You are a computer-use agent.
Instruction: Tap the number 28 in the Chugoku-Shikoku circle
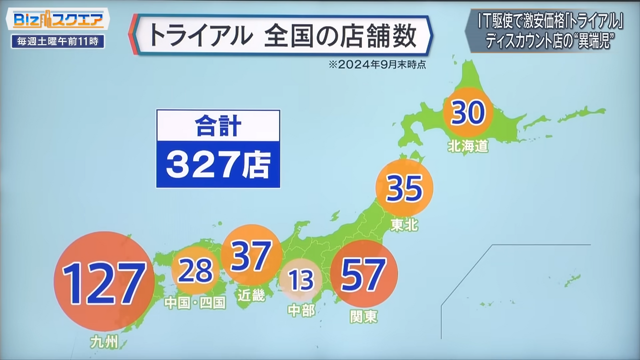coord(195,270)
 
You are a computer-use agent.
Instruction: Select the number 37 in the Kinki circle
coord(251,255)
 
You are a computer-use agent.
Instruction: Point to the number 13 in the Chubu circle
coord(300,280)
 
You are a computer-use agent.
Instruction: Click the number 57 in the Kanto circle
coord(363,274)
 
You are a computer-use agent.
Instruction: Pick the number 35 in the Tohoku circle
coord(404,188)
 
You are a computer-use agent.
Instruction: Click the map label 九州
coord(104,342)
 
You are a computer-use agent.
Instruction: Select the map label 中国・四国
coord(195,302)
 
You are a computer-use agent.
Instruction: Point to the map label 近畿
coord(251,295)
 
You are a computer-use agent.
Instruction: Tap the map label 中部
coord(301,310)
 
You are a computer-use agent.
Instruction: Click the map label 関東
coord(364,316)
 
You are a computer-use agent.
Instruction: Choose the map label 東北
coord(404,225)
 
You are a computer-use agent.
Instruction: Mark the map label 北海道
coord(468,146)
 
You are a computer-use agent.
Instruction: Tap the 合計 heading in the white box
coord(217,125)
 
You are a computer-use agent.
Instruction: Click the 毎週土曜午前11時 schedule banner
coord(57,41)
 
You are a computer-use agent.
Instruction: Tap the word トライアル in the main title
coord(198,35)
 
